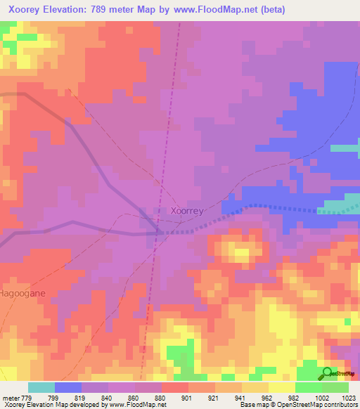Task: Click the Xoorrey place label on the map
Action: [x=188, y=210]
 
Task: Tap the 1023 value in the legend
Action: [x=349, y=397]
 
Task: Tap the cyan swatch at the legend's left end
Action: [x=41, y=387]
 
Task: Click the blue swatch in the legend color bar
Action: [x=68, y=387]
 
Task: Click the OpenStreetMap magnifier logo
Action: [x=328, y=373]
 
